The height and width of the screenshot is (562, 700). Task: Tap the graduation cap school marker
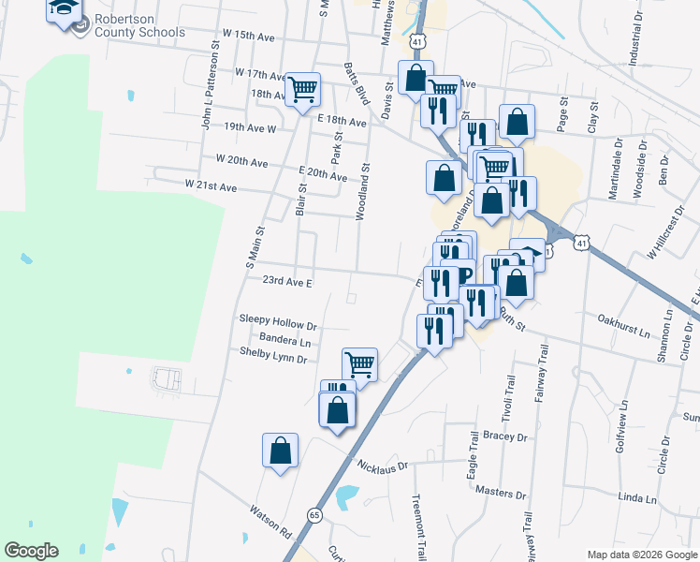pyautogui.click(x=64, y=10)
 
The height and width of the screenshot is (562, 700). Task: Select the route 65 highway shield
pyautogui.click(x=314, y=515)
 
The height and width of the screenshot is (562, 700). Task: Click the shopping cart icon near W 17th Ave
pyautogui.click(x=302, y=90)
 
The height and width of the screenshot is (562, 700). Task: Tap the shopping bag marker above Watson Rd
pyautogui.click(x=280, y=451)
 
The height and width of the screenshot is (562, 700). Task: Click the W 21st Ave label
pyautogui.click(x=211, y=186)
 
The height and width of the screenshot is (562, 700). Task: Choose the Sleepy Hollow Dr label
pyautogui.click(x=279, y=327)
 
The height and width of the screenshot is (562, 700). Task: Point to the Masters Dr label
pyautogui.click(x=501, y=493)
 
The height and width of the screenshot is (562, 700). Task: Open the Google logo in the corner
pyautogui.click(x=31, y=551)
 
